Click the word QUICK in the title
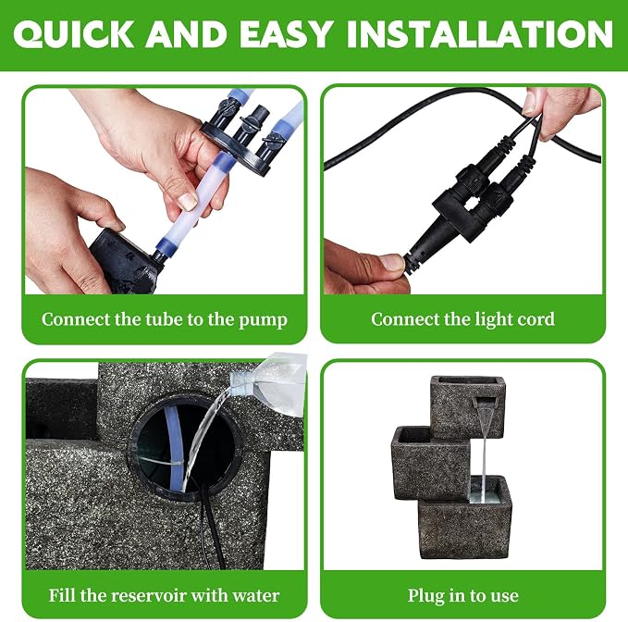click(74, 34)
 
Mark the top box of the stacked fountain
click(467, 406)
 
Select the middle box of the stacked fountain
click(431, 463)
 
